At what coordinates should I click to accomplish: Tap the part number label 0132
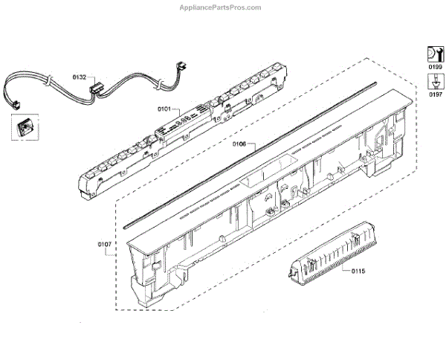click(79, 77)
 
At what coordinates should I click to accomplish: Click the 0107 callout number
click(105, 243)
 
